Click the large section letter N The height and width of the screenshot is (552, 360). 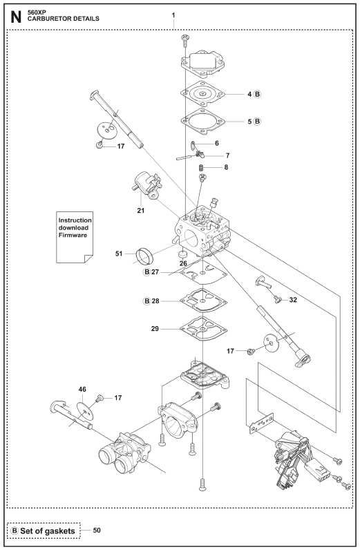pos(16,17)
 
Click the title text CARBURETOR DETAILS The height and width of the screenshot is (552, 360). pos(64,19)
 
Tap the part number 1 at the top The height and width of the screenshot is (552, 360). pos(173,15)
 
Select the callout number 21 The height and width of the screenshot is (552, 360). pos(141,211)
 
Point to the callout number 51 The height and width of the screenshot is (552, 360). pos(119,254)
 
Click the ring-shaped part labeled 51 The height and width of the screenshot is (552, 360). pos(145,256)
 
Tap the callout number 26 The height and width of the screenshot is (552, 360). pos(183,263)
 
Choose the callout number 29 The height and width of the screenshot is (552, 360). pos(155,329)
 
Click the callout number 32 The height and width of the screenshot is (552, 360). pos(293,300)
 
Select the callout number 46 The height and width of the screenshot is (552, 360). pos(82,390)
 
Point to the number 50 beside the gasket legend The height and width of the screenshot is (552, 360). pos(97,530)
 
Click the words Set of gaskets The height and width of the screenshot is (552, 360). pos(48,531)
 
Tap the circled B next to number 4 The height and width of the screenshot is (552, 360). pos(258,94)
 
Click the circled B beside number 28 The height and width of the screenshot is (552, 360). pos(147,301)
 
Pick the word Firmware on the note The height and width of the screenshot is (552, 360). pos(73,235)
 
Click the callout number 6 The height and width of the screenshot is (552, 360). pos(217,143)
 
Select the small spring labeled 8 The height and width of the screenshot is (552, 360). pos(202,167)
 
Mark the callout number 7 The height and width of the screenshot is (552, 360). pos(227,155)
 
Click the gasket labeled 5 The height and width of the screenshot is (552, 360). pos(203,122)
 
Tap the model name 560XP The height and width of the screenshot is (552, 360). pos(37,12)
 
